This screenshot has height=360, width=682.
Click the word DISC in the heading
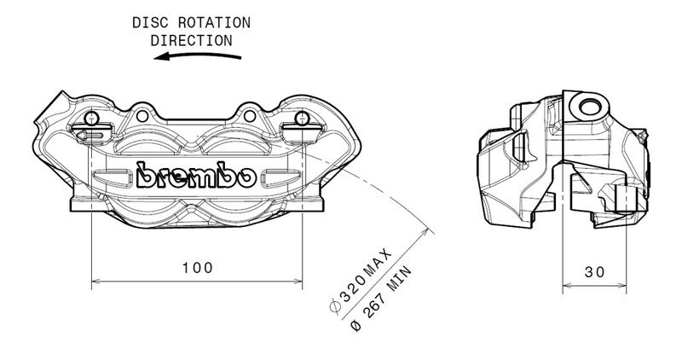click(149, 22)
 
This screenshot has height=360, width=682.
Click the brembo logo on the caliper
click(195, 176)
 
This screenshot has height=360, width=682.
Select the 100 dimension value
click(197, 267)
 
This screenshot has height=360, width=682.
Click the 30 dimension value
click(595, 272)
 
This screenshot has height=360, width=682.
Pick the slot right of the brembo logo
click(278, 177)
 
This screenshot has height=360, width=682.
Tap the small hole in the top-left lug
click(92, 118)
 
